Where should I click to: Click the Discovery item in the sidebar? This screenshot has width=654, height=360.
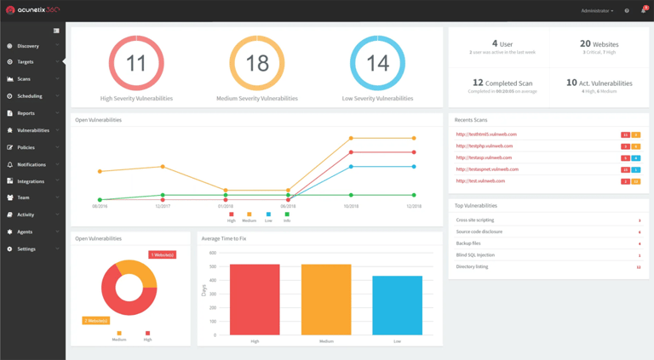(x=28, y=46)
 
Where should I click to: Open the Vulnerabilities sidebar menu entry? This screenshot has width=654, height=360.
(x=33, y=130)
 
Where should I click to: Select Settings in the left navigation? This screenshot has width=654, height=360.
(x=26, y=249)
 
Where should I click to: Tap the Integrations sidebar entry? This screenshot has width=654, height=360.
(x=31, y=181)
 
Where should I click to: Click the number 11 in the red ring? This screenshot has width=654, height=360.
(x=136, y=63)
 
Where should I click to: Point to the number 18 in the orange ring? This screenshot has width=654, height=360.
(x=257, y=63)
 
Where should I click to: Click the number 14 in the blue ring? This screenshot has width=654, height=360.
(x=377, y=63)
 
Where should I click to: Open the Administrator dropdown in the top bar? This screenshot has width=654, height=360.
(x=596, y=11)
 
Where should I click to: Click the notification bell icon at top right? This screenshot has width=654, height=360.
(x=643, y=11)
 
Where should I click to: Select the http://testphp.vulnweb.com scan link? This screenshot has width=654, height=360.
(x=484, y=146)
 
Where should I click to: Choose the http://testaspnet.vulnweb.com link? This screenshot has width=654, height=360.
(x=487, y=169)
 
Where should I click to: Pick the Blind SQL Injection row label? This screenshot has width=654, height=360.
(x=475, y=254)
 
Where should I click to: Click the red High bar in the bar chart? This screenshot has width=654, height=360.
(x=255, y=300)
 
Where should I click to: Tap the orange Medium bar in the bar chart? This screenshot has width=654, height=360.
(x=326, y=300)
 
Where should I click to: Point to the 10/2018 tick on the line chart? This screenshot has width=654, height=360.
(x=351, y=206)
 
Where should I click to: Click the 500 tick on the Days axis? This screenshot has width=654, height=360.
(x=214, y=266)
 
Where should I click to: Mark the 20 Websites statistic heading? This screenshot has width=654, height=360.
(x=599, y=43)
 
